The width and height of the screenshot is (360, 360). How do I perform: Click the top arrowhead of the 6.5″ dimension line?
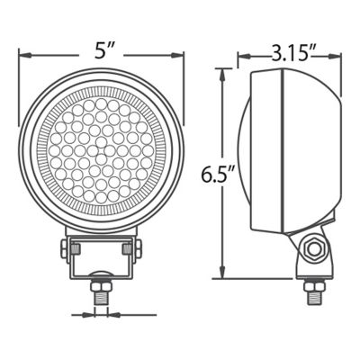click(222, 73)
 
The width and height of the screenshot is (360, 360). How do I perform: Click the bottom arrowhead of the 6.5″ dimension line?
click(222, 276)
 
